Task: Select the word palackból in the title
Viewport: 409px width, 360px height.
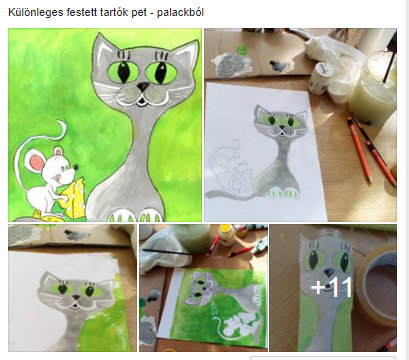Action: [180, 13]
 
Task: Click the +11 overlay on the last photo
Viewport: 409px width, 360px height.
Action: [331, 287]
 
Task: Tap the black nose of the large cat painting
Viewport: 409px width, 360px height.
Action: [143, 86]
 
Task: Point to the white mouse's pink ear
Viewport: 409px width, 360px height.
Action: [35, 161]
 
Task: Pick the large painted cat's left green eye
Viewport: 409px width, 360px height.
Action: [123, 72]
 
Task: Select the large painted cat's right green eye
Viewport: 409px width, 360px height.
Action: [161, 73]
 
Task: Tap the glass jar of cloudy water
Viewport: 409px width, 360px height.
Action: [372, 87]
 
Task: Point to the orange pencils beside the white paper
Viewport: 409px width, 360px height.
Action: [371, 151]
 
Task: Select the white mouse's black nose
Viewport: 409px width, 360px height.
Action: [76, 167]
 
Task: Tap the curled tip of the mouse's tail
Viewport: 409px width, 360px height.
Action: [62, 129]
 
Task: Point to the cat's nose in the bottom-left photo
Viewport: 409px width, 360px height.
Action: [77, 297]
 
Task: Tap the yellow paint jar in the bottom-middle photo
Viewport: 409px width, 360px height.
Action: [227, 235]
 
